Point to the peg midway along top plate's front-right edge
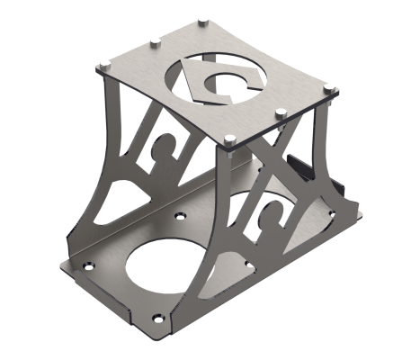coord(281,112)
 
